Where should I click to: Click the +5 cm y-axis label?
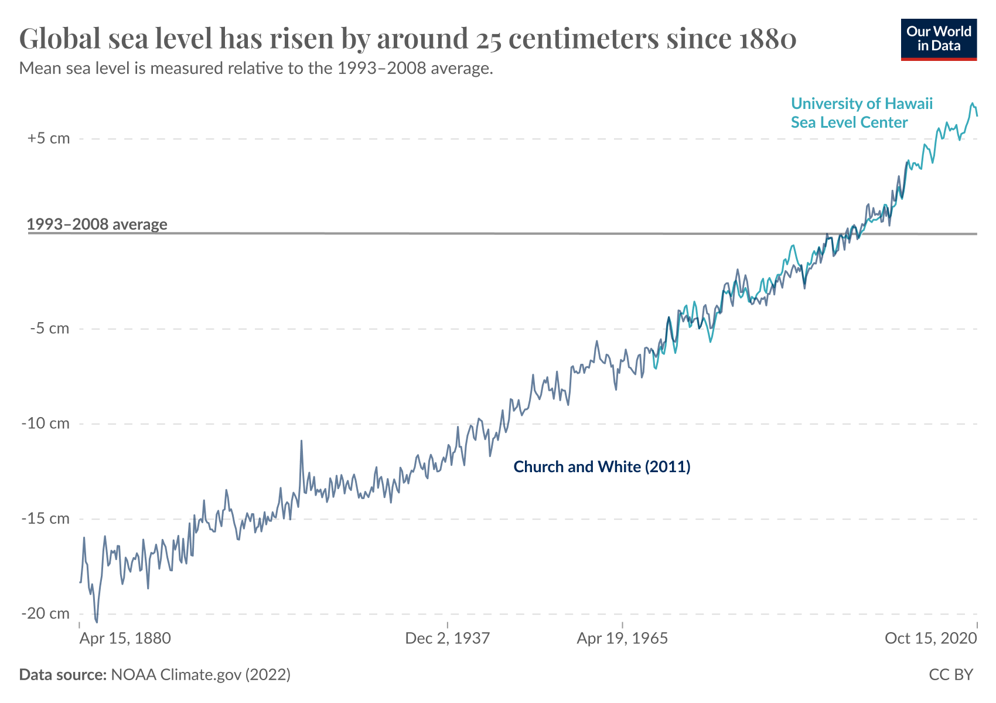(48, 139)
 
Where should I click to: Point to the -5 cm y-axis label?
(49, 329)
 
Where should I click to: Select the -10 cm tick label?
(45, 424)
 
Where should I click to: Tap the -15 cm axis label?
(45, 518)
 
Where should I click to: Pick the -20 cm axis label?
(45, 613)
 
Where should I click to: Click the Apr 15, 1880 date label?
(125, 638)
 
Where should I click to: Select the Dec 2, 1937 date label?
(448, 638)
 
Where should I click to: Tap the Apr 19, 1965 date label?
(622, 638)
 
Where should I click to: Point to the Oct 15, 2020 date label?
(930, 638)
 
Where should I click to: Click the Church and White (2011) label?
(602, 467)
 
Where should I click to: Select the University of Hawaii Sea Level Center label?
(861, 113)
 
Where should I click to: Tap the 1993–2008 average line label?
(97, 224)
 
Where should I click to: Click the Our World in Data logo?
(939, 39)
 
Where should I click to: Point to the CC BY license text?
(950, 675)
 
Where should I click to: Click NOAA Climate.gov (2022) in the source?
(200, 675)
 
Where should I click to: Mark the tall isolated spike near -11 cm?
(301, 441)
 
